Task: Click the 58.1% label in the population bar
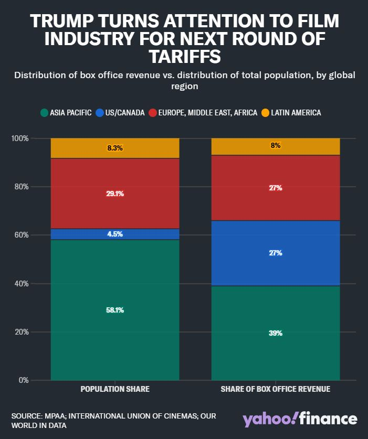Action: tap(115, 310)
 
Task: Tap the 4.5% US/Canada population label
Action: tap(115, 234)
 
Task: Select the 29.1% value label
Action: tap(115, 194)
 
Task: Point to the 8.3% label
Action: tap(115, 148)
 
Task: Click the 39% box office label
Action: tap(276, 333)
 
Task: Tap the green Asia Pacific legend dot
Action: tap(44, 113)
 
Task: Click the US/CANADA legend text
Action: tap(125, 113)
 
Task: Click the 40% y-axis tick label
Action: tap(22, 283)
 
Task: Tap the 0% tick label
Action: tap(24, 380)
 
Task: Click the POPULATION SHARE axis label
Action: tap(115, 389)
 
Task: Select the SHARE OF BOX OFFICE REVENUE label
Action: tap(276, 389)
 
